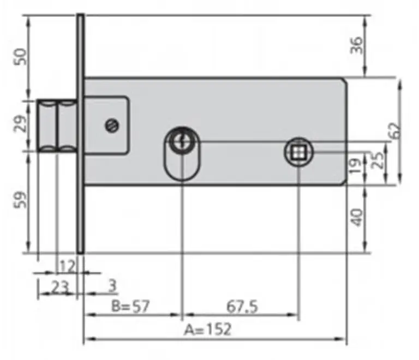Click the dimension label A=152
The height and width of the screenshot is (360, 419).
[x=207, y=329]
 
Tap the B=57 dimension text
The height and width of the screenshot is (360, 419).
[x=130, y=306]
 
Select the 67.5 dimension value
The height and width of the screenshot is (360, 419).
[x=242, y=307]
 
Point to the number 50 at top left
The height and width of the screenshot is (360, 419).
[x=20, y=57]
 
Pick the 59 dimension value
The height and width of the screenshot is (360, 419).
[x=20, y=200]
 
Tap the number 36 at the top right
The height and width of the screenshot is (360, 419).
[x=357, y=45]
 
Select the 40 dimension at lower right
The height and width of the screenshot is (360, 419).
[x=357, y=218]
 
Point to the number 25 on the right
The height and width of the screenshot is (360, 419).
[x=378, y=160]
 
